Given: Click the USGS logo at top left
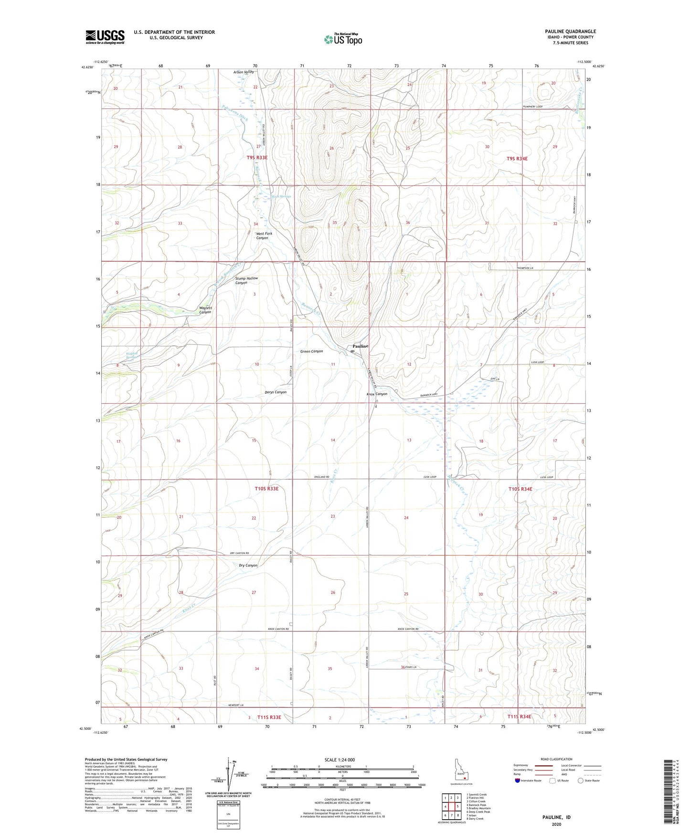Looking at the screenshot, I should (105, 36).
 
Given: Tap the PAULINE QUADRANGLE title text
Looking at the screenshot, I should (570, 32).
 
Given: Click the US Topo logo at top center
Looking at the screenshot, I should (343, 39).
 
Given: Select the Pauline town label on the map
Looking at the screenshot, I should (361, 346).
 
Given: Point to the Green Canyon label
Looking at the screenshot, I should (311, 352).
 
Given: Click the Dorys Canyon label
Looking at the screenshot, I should (276, 392).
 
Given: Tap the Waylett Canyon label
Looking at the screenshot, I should (205, 310).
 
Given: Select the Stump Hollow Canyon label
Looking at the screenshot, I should (246, 280).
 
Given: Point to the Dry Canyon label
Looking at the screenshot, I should (248, 566).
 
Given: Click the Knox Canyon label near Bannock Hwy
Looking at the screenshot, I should (377, 394).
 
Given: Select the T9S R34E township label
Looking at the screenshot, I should (517, 158).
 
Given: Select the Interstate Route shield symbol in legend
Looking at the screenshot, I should (518, 781).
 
